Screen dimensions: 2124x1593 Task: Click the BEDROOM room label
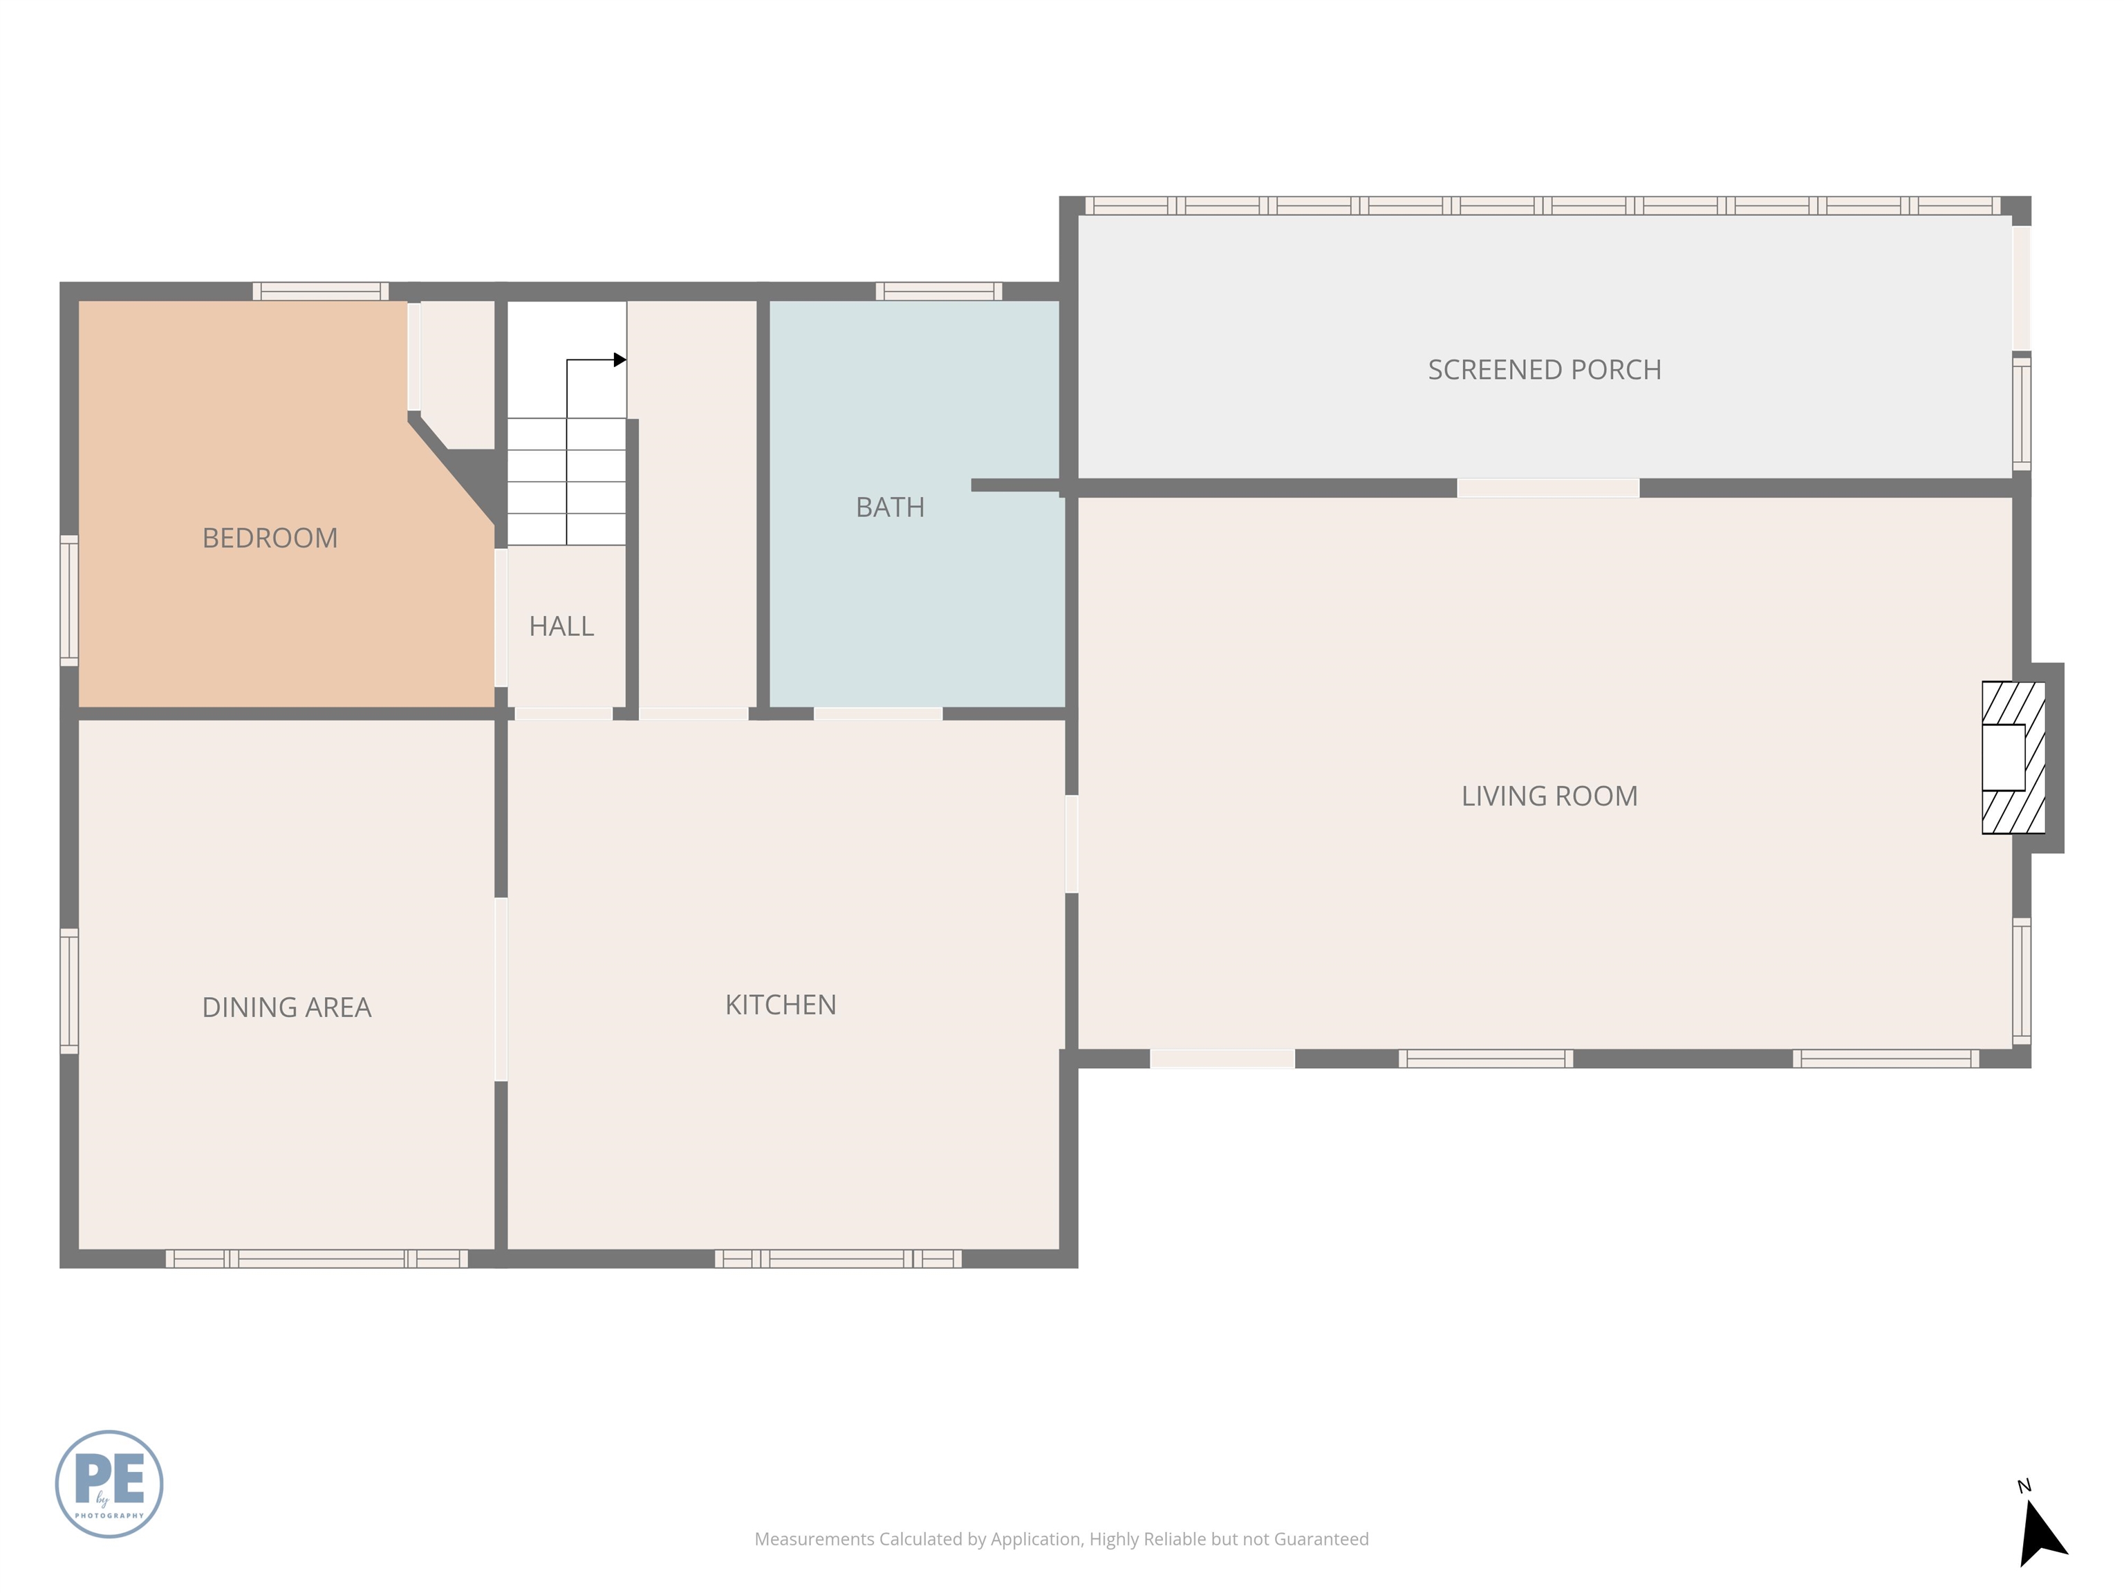270,538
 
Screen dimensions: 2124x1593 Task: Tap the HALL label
561,626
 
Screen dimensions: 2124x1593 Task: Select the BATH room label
890,507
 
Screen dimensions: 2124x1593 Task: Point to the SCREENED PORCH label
1544,370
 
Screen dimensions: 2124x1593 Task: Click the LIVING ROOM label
1549,796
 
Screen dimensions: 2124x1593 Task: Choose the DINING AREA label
286,1007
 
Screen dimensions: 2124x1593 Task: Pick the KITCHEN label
781,1005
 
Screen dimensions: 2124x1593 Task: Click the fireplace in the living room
2013,758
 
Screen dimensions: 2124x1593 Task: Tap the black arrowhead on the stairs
620,360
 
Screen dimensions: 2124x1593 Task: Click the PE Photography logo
109,1484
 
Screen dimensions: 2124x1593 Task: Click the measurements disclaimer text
1061,1538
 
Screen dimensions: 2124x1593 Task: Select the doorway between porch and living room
1548,488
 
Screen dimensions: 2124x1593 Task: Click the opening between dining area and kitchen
501,989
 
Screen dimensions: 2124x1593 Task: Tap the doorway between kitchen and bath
877,714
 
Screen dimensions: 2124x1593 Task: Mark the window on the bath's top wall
938,291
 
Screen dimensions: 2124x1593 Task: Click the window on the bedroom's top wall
321,291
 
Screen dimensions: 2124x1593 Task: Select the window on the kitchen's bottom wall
837,1259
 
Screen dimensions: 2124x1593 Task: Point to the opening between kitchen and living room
1072,844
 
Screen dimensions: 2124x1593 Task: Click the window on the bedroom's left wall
69,600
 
